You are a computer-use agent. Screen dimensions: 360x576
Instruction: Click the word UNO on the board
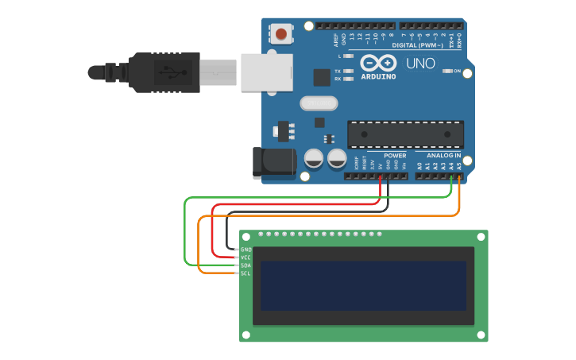(x=420, y=64)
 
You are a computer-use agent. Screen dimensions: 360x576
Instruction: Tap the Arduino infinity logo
(x=377, y=63)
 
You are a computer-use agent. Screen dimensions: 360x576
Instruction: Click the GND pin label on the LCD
(x=245, y=250)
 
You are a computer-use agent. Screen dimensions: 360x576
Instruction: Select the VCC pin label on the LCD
(x=245, y=257)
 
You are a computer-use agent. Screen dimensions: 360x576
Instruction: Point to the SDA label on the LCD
(x=245, y=265)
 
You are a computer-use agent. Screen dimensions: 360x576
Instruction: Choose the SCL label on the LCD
(x=245, y=273)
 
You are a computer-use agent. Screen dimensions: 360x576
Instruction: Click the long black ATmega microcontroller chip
(x=405, y=134)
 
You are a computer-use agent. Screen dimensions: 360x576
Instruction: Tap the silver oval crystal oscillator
(x=319, y=103)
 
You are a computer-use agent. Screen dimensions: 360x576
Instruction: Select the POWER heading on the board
(x=395, y=155)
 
